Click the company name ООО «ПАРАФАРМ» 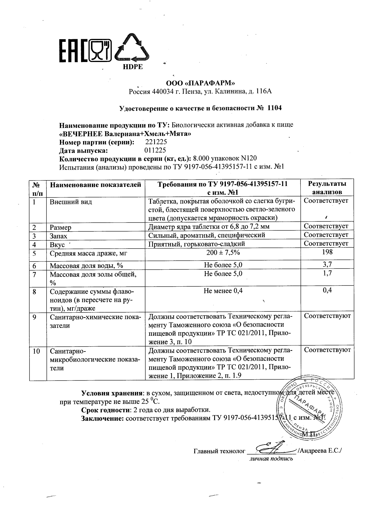[x=200, y=83]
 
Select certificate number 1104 [x=275, y=108]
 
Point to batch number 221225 [x=156, y=142]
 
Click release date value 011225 [x=155, y=150]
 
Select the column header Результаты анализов [x=327, y=188]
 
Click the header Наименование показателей [x=96, y=185]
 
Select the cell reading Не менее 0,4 [x=223, y=290]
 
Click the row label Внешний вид [x=71, y=202]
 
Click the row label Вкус [x=57, y=245]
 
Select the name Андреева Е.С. [x=320, y=451]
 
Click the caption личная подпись [x=271, y=459]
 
